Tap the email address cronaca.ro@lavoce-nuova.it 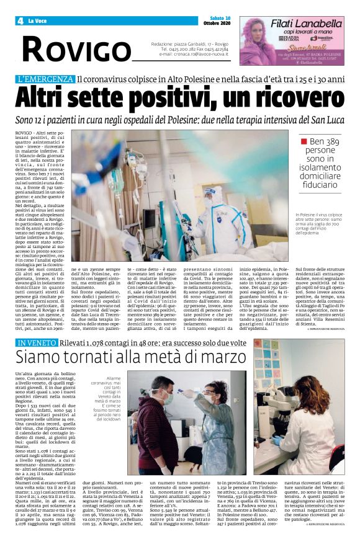click(x=194, y=54)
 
